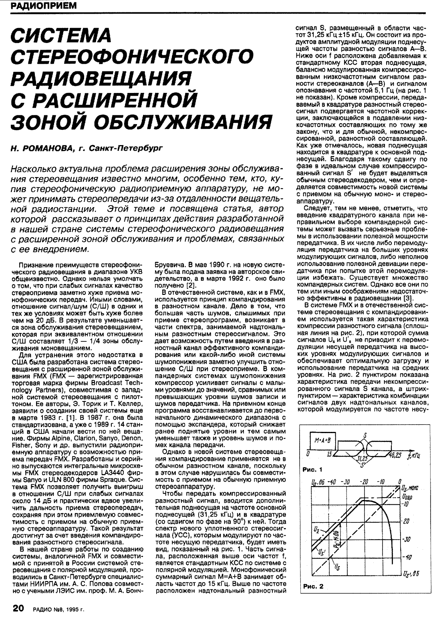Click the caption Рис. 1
pyautogui.click(x=313, y=469)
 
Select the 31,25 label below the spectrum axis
pyautogui.click(x=362, y=457)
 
